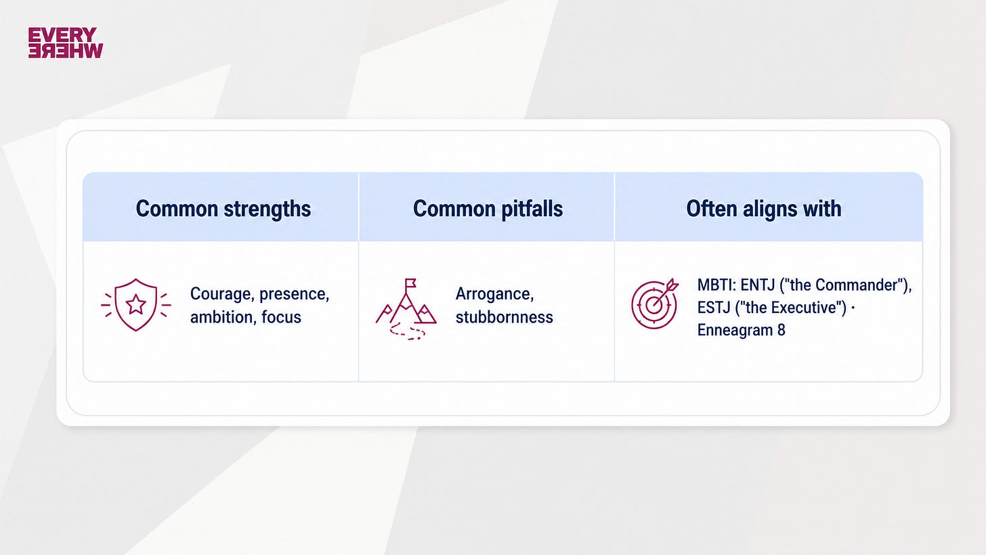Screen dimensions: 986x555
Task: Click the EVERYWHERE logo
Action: (66, 43)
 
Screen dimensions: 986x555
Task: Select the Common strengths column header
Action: (223, 209)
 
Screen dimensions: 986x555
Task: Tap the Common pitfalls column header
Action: (488, 209)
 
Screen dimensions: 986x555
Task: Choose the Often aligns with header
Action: (764, 209)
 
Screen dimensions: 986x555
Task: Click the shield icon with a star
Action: (135, 304)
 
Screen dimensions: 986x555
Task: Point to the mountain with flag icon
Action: (406, 309)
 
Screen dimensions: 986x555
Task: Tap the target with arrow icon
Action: (655, 304)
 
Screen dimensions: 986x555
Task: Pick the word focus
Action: (281, 317)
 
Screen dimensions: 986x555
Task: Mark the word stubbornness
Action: (505, 317)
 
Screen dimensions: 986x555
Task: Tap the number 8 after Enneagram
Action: (781, 330)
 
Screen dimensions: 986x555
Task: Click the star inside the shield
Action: (135, 304)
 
